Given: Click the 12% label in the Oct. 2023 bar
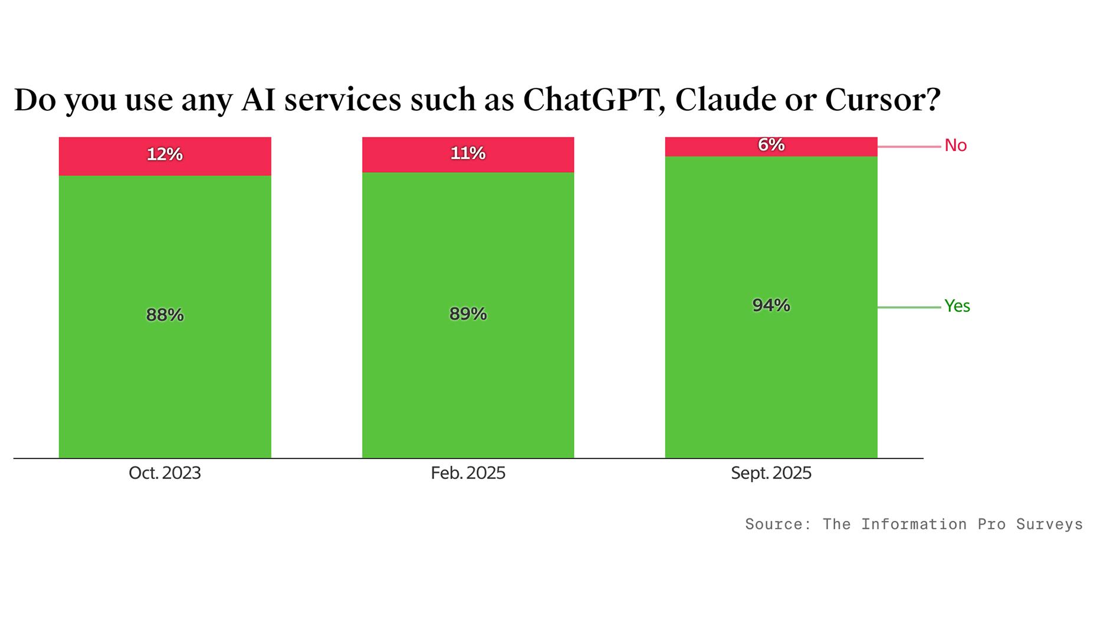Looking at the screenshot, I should tap(165, 155).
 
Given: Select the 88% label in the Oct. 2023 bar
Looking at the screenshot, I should tap(165, 315).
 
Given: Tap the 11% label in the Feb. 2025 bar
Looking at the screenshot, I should tap(468, 153).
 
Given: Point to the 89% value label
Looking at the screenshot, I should tap(468, 314).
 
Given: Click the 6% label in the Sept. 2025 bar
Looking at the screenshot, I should tap(771, 145).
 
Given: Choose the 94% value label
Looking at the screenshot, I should tap(771, 305).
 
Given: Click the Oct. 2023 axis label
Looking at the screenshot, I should tap(165, 473).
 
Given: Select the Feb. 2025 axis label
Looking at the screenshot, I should tap(468, 473).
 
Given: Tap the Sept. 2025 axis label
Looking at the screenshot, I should tap(771, 473).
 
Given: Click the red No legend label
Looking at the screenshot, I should tap(955, 145).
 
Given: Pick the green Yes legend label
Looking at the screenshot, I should tap(957, 306).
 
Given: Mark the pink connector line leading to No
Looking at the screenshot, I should tap(908, 146).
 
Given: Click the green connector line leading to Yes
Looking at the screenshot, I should tap(908, 307).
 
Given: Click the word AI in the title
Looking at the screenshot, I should tap(258, 99).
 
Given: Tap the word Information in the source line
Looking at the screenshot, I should tap(914, 524).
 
